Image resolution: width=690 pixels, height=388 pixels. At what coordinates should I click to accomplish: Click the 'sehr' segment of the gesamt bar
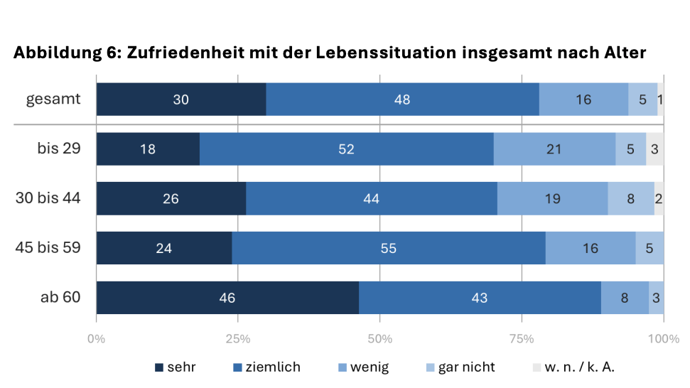tap(181, 99)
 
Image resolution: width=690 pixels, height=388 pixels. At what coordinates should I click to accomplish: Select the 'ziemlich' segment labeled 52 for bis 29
tap(346, 149)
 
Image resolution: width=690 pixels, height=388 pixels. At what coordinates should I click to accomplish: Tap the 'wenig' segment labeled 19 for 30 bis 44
tap(552, 199)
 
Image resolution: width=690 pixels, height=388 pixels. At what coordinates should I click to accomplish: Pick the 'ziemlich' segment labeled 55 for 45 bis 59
tap(388, 248)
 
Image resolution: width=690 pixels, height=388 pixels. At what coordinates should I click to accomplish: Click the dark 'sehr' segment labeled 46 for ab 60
tap(227, 298)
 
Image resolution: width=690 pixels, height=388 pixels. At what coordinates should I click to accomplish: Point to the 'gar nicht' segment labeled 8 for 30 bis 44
tap(630, 199)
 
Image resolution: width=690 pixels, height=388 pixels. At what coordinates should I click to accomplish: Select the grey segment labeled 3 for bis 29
tap(654, 149)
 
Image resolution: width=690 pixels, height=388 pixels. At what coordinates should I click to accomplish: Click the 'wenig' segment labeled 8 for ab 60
tap(625, 298)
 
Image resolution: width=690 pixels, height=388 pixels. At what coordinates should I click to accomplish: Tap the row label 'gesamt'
tap(53, 99)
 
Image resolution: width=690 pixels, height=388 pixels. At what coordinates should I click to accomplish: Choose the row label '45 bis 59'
tap(48, 248)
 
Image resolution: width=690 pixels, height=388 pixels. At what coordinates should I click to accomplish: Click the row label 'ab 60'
tap(60, 298)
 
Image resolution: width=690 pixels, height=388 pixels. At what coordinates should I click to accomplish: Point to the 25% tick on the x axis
tap(237, 338)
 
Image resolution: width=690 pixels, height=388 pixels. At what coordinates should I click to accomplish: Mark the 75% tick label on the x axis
tap(522, 338)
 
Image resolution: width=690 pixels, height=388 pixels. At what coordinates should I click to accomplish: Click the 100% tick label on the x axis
tap(663, 338)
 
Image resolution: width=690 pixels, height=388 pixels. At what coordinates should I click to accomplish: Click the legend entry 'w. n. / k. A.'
tap(579, 367)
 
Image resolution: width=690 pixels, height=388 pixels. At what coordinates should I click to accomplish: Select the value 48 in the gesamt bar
tap(402, 99)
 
